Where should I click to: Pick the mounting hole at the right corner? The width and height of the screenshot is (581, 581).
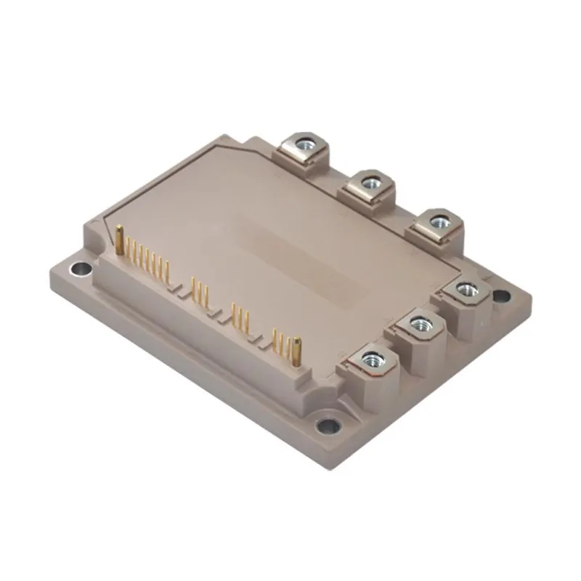tap(500, 295)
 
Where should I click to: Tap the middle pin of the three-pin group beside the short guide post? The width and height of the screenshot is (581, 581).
tap(280, 340)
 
